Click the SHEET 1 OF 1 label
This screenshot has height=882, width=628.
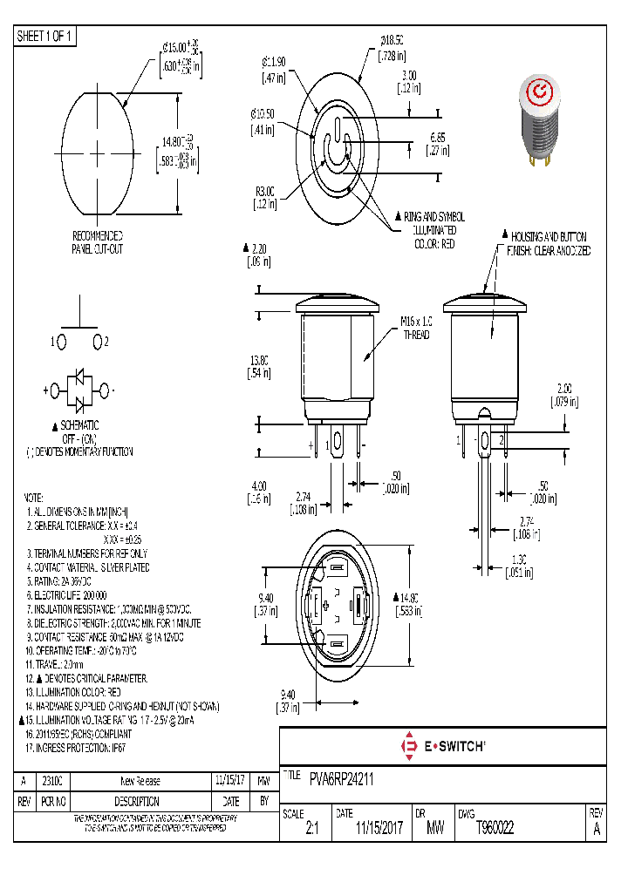[x=45, y=36]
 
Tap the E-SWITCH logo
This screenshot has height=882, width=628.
[x=443, y=745]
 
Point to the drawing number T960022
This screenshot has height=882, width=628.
[x=495, y=829]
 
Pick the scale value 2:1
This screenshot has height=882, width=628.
[x=311, y=830]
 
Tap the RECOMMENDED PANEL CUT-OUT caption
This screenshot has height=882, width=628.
[x=97, y=242]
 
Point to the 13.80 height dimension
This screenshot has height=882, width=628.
[x=259, y=366]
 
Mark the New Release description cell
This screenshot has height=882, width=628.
[x=140, y=781]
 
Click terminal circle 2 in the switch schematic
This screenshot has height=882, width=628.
[x=99, y=342]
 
